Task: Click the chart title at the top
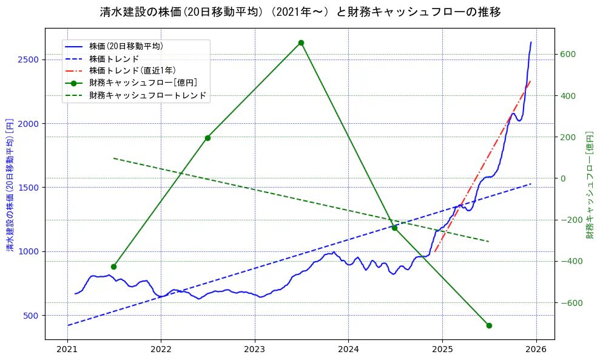[300, 12]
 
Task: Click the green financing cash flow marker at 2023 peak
[301, 43]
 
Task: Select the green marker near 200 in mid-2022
[207, 138]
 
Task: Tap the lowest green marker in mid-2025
[489, 325]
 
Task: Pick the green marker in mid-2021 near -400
[113, 267]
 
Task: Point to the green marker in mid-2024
[394, 228]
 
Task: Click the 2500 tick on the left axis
[29, 59]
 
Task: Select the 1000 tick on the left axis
[29, 251]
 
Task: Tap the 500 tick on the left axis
[32, 315]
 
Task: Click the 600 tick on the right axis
[567, 54]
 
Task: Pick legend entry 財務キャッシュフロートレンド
[147, 95]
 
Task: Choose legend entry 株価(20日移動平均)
[126, 46]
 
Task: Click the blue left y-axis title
[9, 184]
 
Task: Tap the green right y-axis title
[589, 184]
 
